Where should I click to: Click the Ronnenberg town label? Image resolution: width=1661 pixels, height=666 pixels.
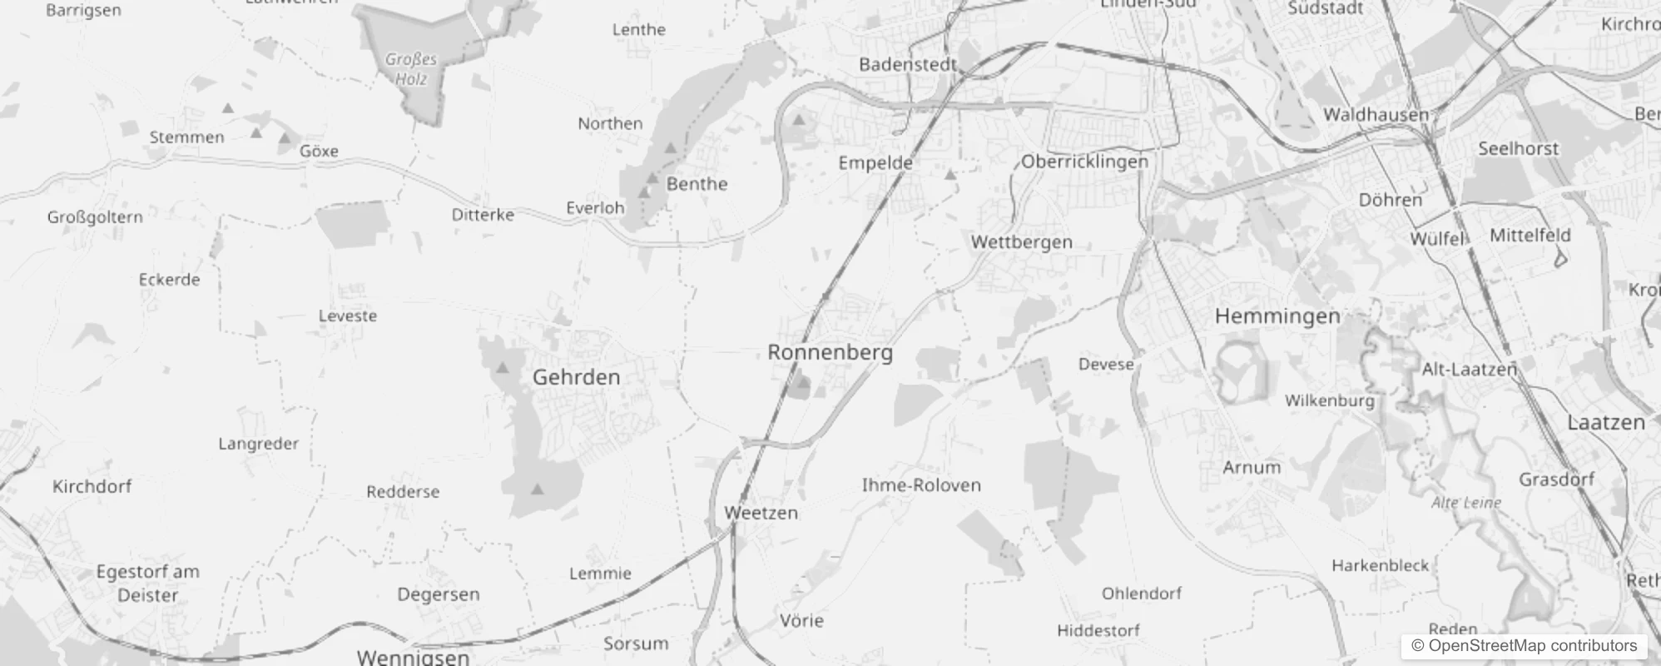(x=830, y=352)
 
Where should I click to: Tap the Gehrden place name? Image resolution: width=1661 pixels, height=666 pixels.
(x=576, y=377)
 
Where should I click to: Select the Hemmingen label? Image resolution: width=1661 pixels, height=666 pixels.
(x=1277, y=316)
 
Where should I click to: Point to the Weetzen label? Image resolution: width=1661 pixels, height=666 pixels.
(x=761, y=513)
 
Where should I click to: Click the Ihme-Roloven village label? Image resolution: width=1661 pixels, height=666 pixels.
(x=921, y=485)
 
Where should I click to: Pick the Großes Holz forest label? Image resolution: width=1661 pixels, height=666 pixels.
(x=411, y=69)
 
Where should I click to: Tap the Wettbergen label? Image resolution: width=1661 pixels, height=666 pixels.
(x=1022, y=242)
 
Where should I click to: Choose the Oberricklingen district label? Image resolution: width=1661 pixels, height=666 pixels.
(x=1084, y=162)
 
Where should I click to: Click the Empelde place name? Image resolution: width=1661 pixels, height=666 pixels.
(x=875, y=163)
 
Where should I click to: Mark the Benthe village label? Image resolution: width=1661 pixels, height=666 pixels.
(x=697, y=184)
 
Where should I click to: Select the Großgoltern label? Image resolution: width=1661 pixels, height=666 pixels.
(x=95, y=217)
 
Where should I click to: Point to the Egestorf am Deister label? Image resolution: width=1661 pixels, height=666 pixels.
(x=148, y=583)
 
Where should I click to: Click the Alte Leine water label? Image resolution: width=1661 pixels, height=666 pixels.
(x=1466, y=503)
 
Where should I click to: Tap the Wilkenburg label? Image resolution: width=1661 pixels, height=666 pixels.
(x=1330, y=400)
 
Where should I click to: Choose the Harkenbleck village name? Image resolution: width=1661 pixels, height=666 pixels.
(x=1380, y=565)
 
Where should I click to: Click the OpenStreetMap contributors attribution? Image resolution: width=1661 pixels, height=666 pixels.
(x=1524, y=646)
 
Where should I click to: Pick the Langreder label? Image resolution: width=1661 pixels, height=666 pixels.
(x=258, y=444)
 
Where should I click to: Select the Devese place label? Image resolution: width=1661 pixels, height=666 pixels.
(x=1106, y=365)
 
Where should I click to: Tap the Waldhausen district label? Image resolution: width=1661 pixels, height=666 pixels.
(x=1376, y=115)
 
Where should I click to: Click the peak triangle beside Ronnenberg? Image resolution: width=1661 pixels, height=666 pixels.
(x=802, y=384)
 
